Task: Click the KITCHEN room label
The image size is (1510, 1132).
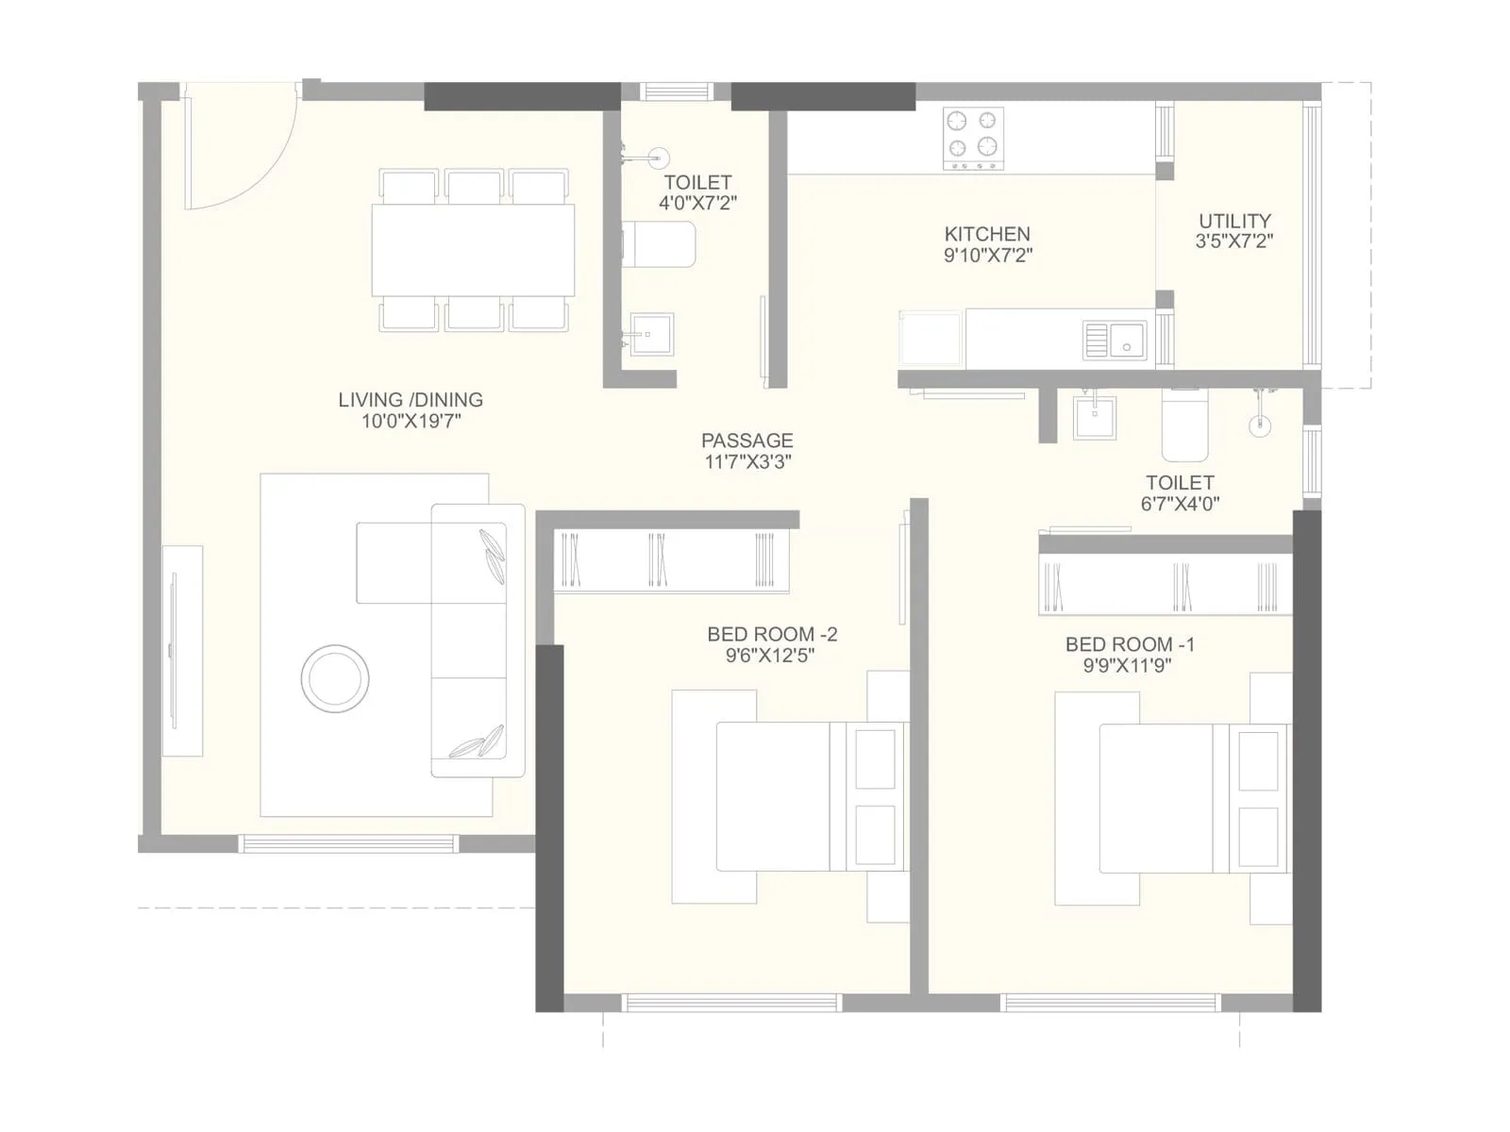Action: point(987,234)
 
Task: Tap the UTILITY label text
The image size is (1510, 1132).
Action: point(1234,221)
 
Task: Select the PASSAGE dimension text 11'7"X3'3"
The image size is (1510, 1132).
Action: point(747,461)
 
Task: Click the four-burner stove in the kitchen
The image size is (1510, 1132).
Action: point(973,138)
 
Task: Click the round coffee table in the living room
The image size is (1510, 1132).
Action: point(335,678)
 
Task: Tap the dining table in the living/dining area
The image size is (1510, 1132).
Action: point(473,250)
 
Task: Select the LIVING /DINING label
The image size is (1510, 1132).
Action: point(411,400)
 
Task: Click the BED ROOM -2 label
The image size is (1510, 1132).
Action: point(772,634)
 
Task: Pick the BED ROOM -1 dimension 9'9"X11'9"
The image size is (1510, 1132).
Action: point(1129,666)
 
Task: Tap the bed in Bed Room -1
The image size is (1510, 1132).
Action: point(1170,798)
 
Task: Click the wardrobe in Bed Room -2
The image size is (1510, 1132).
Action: point(670,560)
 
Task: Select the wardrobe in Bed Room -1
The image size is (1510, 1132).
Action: point(1165,585)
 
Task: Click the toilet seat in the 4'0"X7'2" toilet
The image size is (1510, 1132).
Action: point(661,245)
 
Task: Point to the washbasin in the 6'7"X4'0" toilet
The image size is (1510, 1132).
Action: point(1095,417)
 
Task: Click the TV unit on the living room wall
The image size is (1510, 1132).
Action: point(181,651)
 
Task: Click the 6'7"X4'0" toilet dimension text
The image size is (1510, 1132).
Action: point(1180,504)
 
